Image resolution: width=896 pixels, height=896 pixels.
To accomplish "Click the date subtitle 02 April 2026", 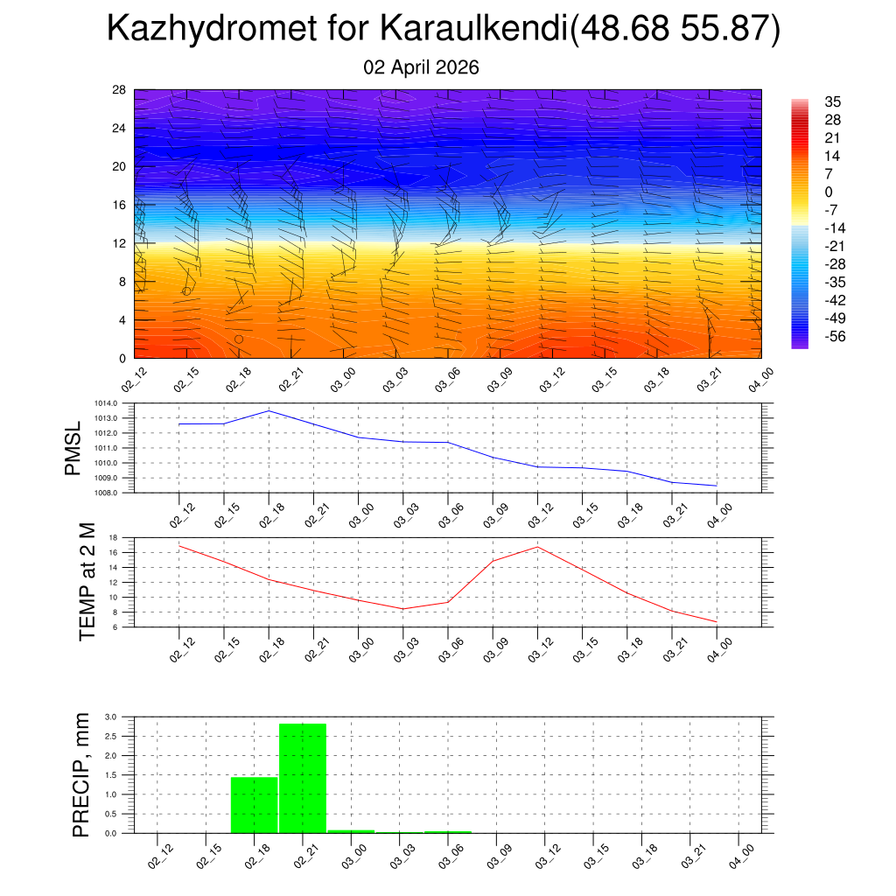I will click(421, 67).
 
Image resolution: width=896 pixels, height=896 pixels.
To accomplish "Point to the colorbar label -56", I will click(835, 336).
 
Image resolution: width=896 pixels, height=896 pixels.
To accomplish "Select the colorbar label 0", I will click(829, 192).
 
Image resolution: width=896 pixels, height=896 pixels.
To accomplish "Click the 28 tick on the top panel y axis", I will click(120, 90).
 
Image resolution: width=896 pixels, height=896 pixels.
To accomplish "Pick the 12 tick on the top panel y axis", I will click(120, 243).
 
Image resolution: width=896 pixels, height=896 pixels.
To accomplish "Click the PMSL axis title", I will click(73, 448).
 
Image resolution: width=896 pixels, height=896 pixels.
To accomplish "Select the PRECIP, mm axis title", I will click(81, 774).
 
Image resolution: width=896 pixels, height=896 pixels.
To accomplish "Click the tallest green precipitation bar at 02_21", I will click(303, 778).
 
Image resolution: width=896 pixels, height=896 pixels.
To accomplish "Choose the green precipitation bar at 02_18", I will click(254, 805).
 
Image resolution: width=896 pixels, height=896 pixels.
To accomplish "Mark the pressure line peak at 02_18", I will click(269, 410).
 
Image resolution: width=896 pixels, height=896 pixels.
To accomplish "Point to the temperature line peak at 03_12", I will click(537, 547).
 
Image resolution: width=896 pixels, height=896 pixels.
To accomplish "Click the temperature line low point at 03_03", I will click(402, 609).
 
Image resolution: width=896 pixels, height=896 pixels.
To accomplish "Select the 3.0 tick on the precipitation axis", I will click(111, 717).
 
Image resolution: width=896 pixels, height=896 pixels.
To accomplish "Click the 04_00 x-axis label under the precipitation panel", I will click(741, 856).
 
